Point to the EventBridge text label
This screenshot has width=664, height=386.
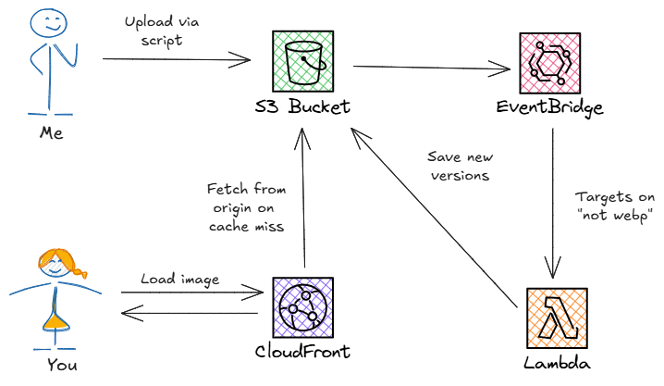(x=550, y=108)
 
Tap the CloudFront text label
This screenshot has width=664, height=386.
(x=302, y=353)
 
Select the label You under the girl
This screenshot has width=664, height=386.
(x=61, y=365)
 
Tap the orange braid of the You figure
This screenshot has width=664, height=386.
(x=80, y=273)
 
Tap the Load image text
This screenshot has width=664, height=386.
(x=178, y=279)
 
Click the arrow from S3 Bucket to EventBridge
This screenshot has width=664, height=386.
(x=431, y=67)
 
